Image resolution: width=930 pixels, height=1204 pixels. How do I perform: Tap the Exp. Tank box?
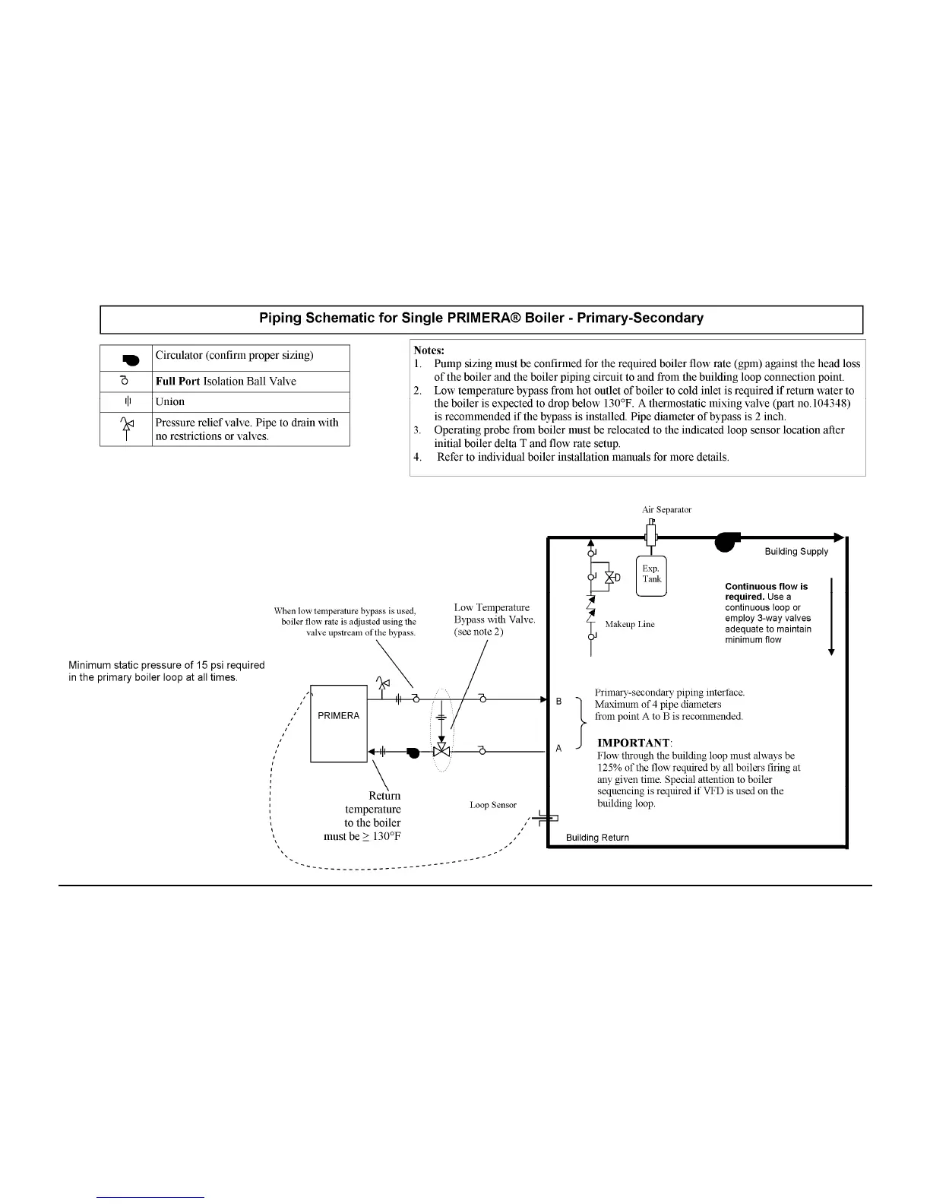click(651, 575)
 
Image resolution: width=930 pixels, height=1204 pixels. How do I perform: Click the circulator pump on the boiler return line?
click(412, 752)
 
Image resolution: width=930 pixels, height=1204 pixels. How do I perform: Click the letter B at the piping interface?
click(559, 701)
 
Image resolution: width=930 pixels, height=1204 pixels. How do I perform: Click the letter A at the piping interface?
click(559, 749)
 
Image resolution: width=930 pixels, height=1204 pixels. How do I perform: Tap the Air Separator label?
click(666, 510)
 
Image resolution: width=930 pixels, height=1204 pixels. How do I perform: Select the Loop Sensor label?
click(493, 805)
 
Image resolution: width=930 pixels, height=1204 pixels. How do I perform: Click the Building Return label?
click(597, 838)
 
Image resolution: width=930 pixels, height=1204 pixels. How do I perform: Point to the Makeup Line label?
click(630, 624)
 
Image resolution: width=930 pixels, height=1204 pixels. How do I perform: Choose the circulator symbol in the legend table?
click(128, 358)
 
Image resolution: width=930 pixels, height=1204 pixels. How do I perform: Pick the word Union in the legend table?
click(170, 402)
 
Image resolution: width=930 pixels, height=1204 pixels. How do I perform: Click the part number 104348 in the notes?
click(826, 403)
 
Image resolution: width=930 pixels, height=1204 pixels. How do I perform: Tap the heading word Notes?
click(429, 351)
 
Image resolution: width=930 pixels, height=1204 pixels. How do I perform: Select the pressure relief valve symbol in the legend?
click(127, 429)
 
